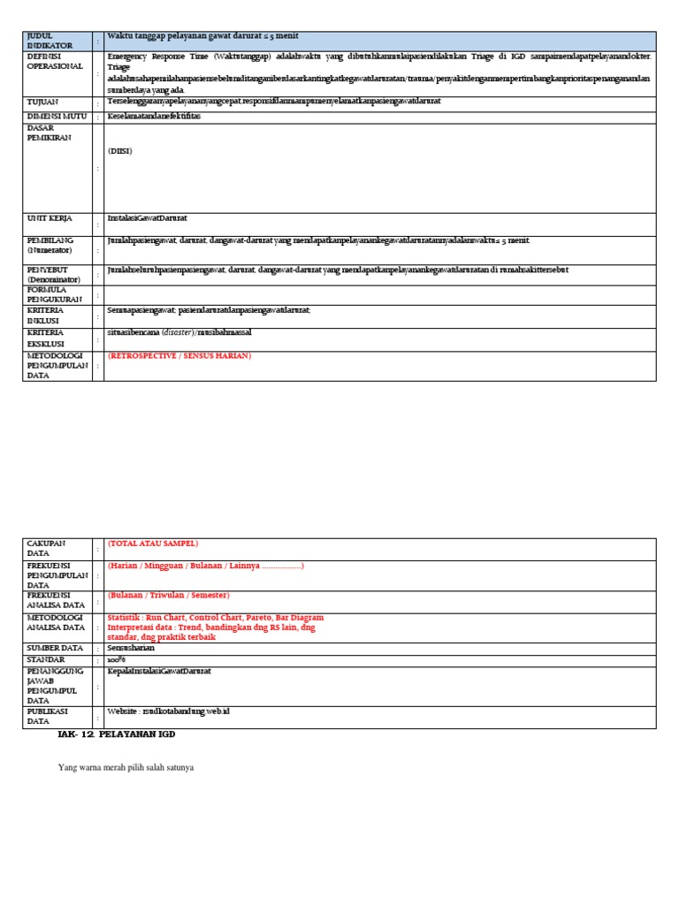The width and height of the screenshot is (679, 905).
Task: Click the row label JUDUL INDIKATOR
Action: pyautogui.click(x=49, y=40)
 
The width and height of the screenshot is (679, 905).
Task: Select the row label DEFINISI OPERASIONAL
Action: pyautogui.click(x=54, y=61)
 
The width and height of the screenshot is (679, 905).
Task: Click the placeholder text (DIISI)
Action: pyautogui.click(x=120, y=150)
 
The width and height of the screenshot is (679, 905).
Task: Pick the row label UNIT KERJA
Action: pyautogui.click(x=50, y=217)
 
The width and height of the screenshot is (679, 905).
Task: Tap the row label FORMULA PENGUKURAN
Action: pyautogui.click(x=54, y=294)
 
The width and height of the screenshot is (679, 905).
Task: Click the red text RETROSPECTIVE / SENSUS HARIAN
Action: pyautogui.click(x=179, y=355)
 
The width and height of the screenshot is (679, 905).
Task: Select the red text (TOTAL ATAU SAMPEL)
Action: pyautogui.click(x=152, y=544)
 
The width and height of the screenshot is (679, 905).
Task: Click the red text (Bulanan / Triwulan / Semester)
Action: pyautogui.click(x=168, y=595)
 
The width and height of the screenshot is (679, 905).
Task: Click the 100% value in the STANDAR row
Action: pyautogui.click(x=117, y=660)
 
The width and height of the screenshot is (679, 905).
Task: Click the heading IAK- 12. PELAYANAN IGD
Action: pyautogui.click(x=123, y=734)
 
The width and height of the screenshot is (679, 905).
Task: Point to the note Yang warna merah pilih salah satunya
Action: pyautogui.click(x=126, y=767)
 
